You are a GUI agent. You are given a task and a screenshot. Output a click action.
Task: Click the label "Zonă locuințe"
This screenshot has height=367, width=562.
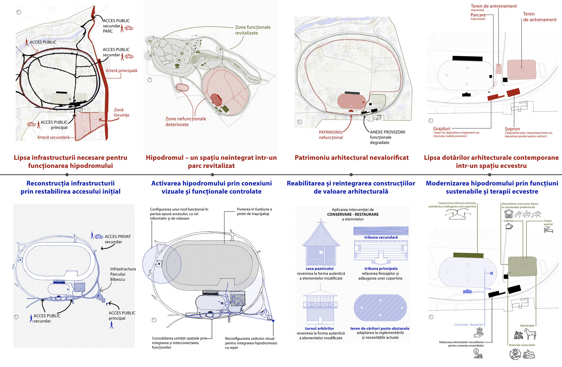pyautogui.click(x=121, y=112)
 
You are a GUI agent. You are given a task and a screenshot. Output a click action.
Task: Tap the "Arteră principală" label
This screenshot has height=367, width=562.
pyautogui.click(x=121, y=71)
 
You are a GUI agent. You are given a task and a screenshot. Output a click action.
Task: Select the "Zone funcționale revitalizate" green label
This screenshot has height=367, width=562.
pyautogui.click(x=253, y=30)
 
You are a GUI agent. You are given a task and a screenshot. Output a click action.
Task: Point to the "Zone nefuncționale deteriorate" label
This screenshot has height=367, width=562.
pyautogui.click(x=186, y=122)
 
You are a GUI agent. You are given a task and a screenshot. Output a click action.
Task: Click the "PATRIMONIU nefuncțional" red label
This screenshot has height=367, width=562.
pyautogui.click(x=331, y=135)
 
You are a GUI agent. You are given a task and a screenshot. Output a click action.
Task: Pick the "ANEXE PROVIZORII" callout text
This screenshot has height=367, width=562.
pyautogui.click(x=387, y=132)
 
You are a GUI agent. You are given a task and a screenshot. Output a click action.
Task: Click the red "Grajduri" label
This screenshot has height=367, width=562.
pyautogui.click(x=442, y=129)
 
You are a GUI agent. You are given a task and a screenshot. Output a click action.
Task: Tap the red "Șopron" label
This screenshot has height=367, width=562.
pyautogui.click(x=512, y=129)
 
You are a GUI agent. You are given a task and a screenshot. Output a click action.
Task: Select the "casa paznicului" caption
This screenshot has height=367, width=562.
pyautogui.click(x=320, y=268)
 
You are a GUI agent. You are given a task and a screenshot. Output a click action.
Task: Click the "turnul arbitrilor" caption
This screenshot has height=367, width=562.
pyautogui.click(x=319, y=328)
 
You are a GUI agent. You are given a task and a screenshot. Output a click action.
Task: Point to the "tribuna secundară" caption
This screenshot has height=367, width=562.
pyautogui.click(x=381, y=237)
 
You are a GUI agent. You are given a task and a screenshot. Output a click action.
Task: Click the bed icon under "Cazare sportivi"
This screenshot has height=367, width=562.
pyautogui.click(x=548, y=230)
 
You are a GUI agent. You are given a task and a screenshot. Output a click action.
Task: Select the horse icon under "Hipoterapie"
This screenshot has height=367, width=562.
pyautogui.click(x=530, y=334)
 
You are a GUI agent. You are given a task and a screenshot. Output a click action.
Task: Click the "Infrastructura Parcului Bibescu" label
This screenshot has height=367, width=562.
pyautogui.click(x=123, y=274)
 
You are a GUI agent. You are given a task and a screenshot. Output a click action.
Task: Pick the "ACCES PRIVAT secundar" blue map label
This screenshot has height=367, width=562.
pyautogui.click(x=117, y=239)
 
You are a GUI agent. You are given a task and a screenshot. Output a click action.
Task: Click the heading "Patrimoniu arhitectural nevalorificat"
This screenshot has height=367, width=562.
pyautogui.click(x=352, y=158)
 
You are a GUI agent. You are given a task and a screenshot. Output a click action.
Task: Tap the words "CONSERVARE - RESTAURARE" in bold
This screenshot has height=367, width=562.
pyautogui.click(x=353, y=214)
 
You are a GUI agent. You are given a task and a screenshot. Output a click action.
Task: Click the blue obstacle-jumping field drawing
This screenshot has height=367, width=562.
pyautogui.click(x=380, y=308)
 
